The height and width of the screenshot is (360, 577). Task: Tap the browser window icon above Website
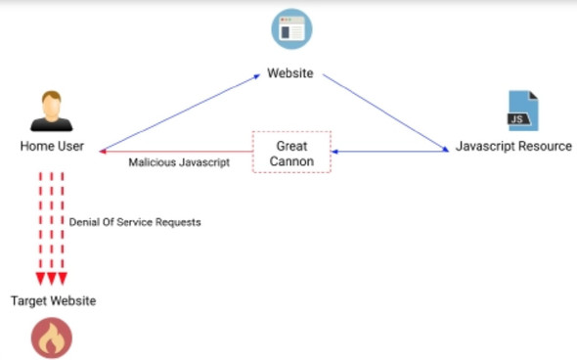click(x=291, y=29)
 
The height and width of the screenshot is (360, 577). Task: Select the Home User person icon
click(x=52, y=111)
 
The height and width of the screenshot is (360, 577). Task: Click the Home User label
click(x=53, y=147)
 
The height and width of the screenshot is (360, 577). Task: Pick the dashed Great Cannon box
click(x=291, y=152)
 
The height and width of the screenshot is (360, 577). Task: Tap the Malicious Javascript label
click(x=179, y=163)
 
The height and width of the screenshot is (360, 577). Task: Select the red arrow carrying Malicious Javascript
click(x=176, y=151)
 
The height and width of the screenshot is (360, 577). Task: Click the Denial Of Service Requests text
click(x=135, y=222)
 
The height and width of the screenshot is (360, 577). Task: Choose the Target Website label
click(x=54, y=300)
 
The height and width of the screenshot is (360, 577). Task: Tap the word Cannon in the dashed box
click(x=291, y=159)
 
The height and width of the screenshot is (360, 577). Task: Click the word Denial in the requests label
click(x=85, y=222)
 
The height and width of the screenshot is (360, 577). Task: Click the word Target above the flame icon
click(x=29, y=300)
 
